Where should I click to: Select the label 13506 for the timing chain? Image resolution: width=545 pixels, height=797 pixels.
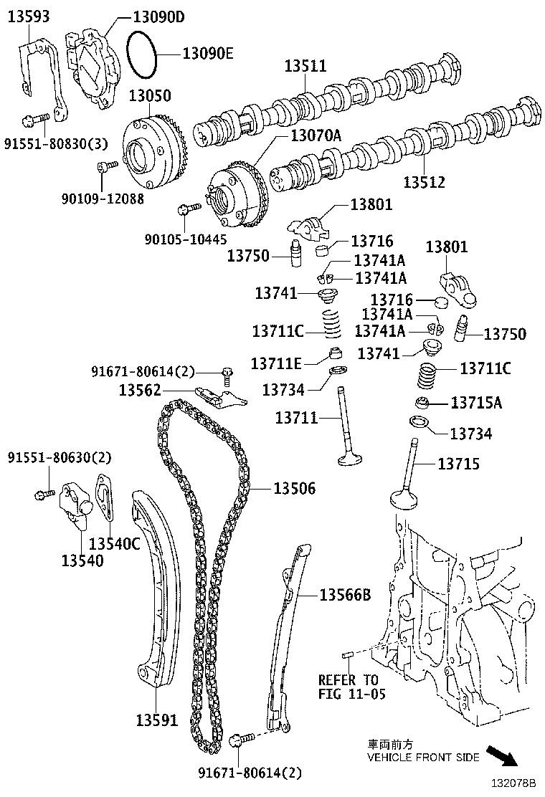click(294, 489)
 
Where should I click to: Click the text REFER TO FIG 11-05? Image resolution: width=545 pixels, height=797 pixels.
click(349, 686)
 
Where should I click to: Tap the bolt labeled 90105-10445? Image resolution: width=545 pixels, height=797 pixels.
click(188, 209)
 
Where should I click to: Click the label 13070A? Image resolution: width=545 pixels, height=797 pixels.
click(316, 135)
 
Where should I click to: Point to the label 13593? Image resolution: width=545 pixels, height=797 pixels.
click(29, 16)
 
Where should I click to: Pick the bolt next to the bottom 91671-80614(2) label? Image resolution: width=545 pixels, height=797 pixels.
click(242, 738)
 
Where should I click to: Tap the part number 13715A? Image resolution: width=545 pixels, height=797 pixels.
click(476, 403)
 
